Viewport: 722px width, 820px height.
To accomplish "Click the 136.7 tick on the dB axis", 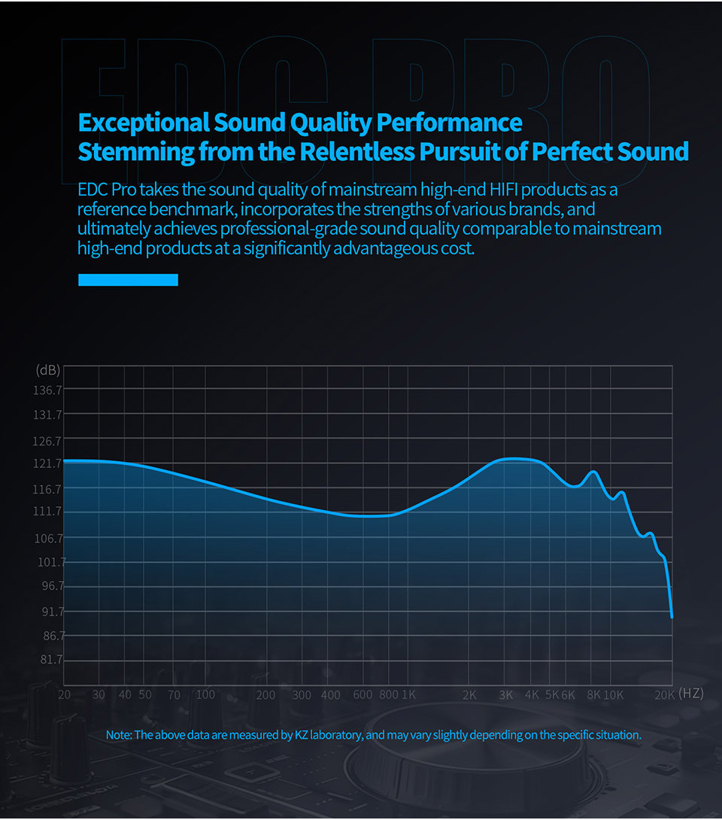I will tap(47, 390).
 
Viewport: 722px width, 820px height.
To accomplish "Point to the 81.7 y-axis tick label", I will tap(50, 660).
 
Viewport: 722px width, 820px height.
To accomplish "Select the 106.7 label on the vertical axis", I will tap(47, 538).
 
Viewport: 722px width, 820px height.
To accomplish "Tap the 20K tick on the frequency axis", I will tap(664, 695).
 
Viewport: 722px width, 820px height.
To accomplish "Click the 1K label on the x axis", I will tap(408, 695).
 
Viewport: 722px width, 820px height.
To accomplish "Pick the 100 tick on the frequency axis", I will tap(205, 695).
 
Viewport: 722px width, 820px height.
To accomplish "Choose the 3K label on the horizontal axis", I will tap(505, 695).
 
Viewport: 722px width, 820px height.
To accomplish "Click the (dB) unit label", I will tap(47, 370).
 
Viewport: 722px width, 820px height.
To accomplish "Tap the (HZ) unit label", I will tap(691, 694).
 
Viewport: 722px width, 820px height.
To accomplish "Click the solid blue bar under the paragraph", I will tap(128, 280).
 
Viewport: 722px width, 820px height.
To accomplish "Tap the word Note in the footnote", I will tap(118, 734).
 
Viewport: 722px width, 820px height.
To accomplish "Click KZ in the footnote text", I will tap(300, 734).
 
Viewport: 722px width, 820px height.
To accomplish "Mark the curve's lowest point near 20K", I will tap(672, 616).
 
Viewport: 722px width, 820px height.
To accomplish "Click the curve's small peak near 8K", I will tap(594, 472).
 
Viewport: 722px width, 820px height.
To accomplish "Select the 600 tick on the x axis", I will tap(363, 695).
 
